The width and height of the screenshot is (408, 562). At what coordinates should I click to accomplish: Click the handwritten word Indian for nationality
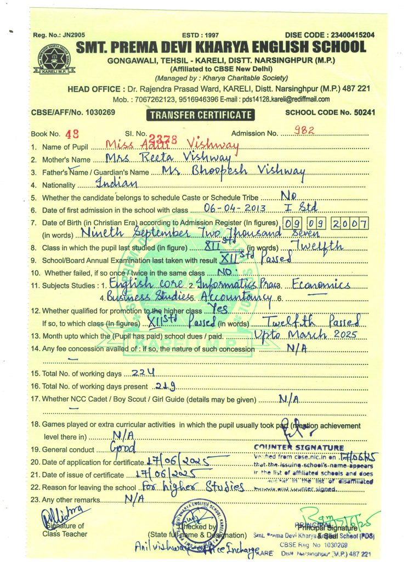(x=118, y=183)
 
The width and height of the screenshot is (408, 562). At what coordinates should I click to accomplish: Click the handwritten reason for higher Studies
(x=192, y=487)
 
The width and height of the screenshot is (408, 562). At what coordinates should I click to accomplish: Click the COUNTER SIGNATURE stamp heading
(x=299, y=448)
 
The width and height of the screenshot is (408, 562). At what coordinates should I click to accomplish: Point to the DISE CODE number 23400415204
(x=349, y=35)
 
